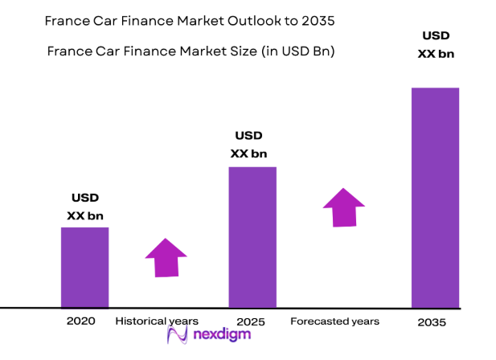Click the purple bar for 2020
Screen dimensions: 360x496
(x=84, y=267)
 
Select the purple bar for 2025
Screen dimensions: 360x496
(x=252, y=237)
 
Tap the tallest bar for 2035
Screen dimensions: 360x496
(x=435, y=197)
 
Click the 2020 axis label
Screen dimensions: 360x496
(x=82, y=321)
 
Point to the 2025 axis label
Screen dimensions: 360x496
(x=252, y=321)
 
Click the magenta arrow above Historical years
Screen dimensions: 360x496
(x=166, y=258)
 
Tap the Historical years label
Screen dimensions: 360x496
(x=157, y=321)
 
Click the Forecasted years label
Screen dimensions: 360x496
(x=335, y=321)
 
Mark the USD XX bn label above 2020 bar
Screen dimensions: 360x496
(x=85, y=207)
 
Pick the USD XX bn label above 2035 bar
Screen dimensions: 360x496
(x=435, y=45)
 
